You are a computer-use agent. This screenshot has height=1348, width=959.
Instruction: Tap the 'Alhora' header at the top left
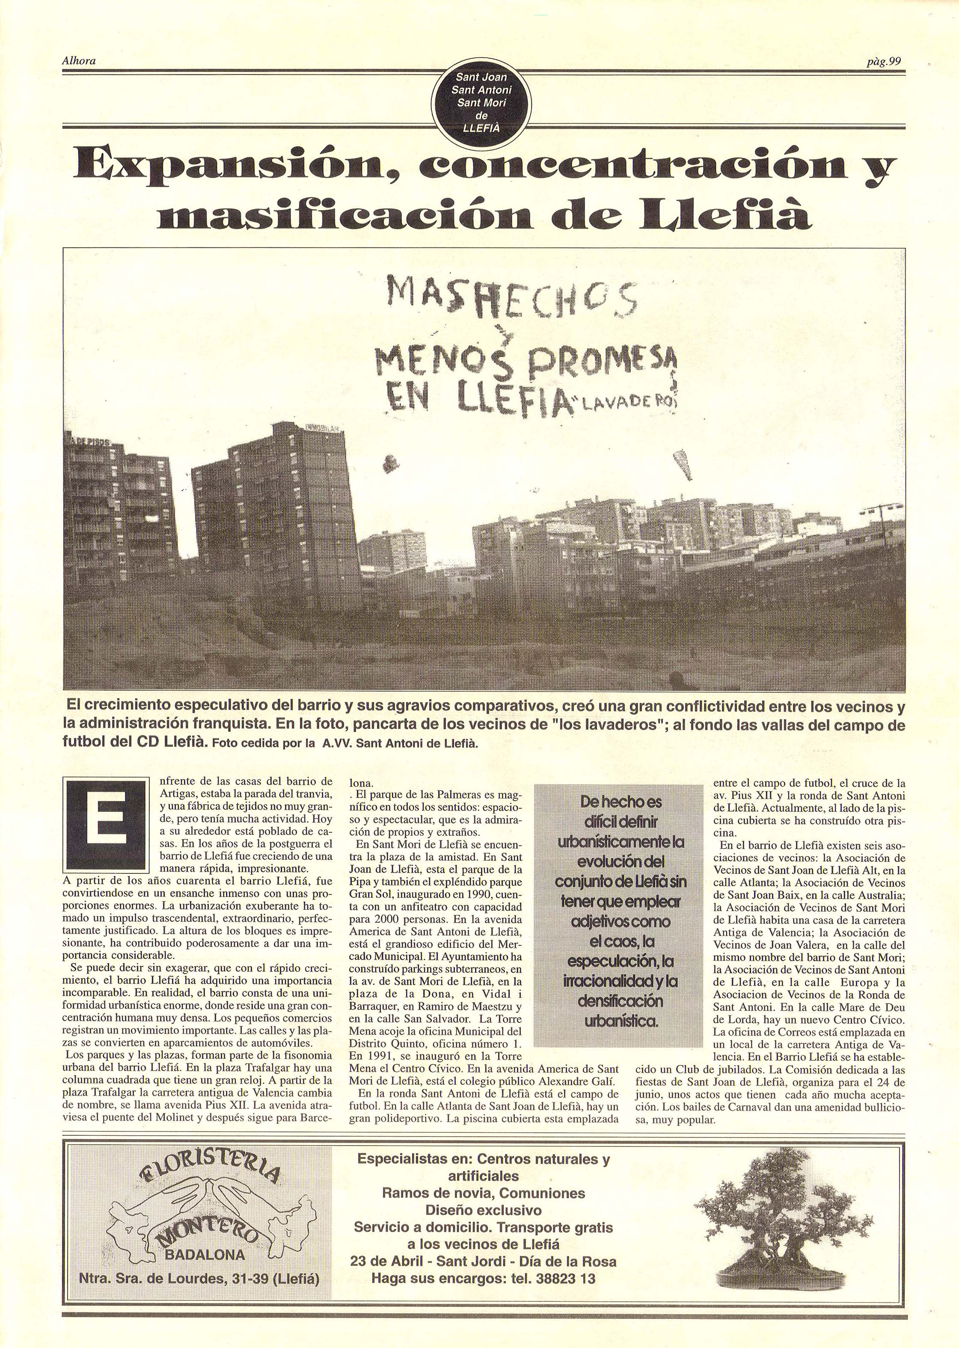(x=79, y=60)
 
